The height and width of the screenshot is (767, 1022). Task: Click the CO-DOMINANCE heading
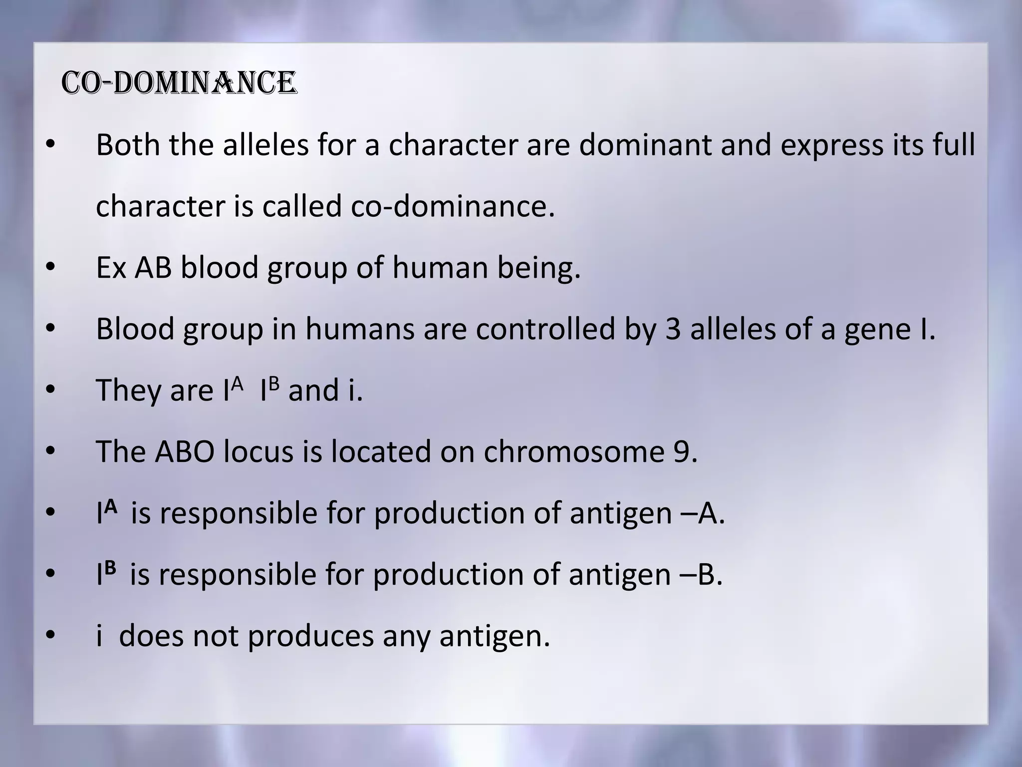click(x=179, y=83)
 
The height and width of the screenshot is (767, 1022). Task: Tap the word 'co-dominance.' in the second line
click(x=453, y=206)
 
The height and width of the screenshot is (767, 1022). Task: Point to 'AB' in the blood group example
click(x=153, y=268)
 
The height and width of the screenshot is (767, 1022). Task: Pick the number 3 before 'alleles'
click(x=673, y=329)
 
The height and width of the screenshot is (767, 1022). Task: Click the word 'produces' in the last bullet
click(x=310, y=637)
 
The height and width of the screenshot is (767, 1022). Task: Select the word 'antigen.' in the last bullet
click(x=495, y=637)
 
